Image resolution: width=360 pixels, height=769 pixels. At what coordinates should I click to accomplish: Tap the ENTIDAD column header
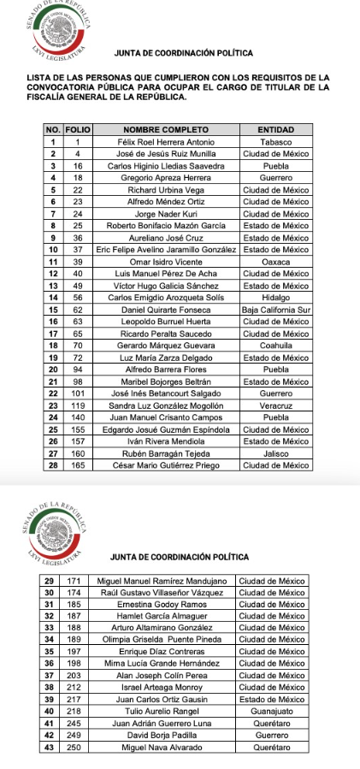(275, 128)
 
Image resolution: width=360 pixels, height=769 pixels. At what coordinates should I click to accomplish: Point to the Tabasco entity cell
(275, 141)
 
